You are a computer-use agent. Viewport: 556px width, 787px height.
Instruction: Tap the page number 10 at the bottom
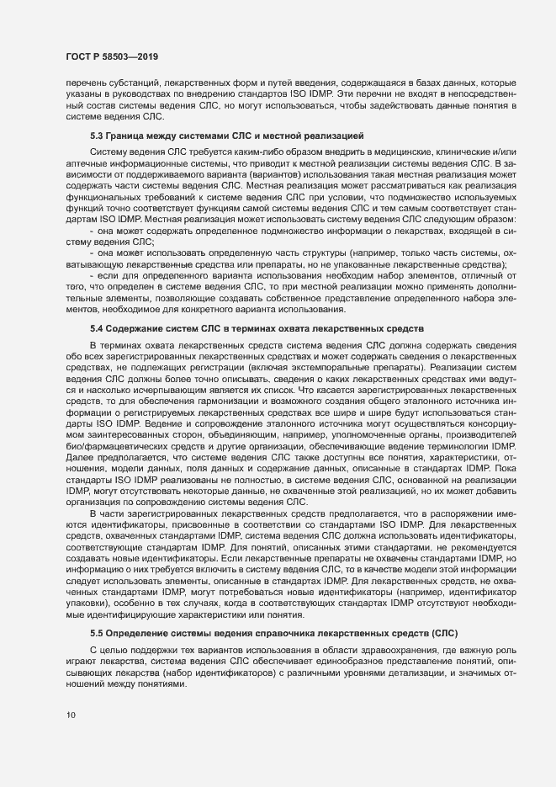coord(69,739)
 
